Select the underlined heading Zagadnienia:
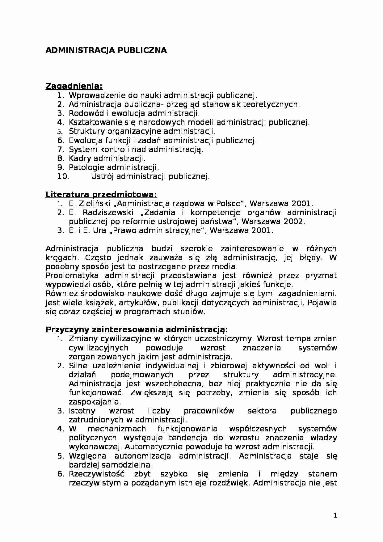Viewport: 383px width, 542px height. point(74,86)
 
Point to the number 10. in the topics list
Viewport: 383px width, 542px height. point(63,176)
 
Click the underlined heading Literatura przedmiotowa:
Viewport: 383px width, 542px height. point(101,195)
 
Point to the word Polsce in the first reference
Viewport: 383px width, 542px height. point(229,204)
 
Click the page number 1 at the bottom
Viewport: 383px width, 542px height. point(335,515)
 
